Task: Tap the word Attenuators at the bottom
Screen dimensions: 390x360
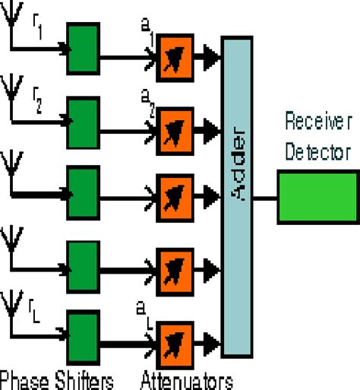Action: tap(186, 378)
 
